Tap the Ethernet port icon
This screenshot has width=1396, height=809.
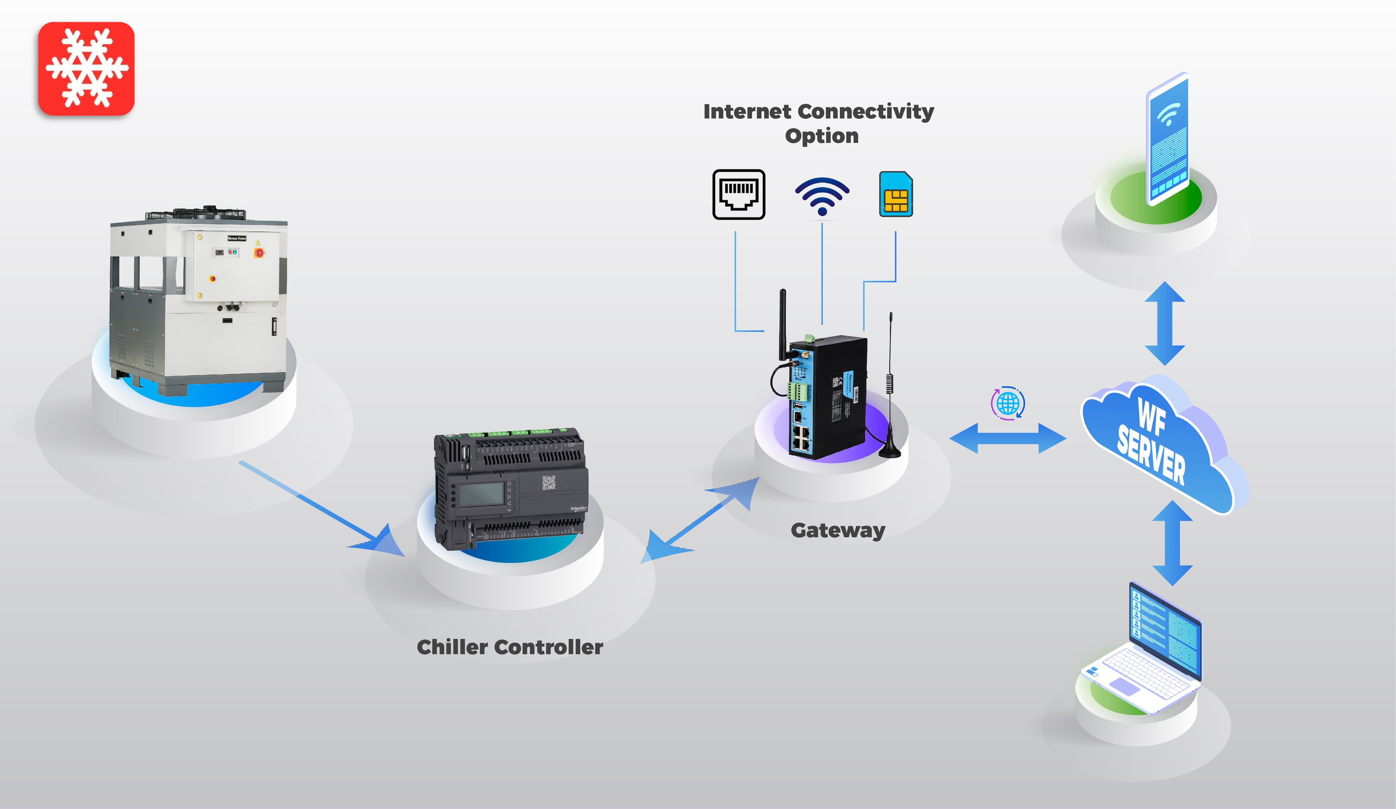pos(738,195)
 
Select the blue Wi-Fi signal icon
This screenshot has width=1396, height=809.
pos(822,196)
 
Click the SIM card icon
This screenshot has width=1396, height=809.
pos(896,194)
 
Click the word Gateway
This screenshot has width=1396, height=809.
pos(838,530)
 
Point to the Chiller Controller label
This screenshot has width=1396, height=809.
pos(510,647)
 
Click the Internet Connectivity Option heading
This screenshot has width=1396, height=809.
pos(819,123)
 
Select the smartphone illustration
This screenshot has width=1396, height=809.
pos(1168,139)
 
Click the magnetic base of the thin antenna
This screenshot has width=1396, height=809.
pos(890,449)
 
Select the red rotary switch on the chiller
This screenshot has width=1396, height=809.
pos(259,253)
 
